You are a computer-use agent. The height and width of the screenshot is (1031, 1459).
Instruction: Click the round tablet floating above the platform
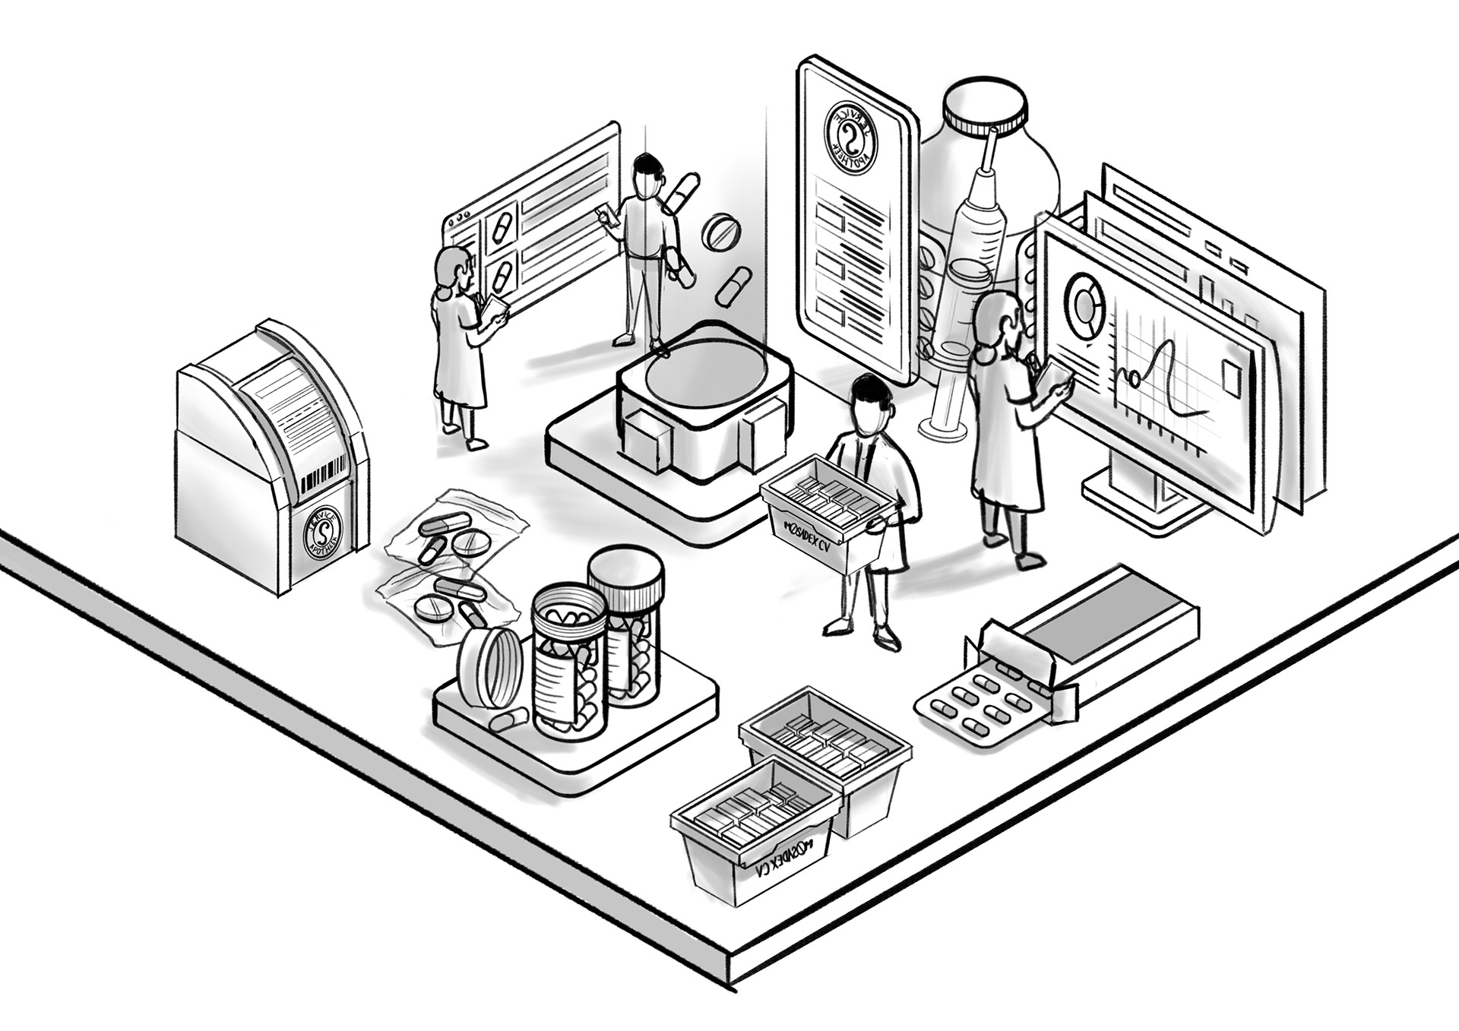point(720,233)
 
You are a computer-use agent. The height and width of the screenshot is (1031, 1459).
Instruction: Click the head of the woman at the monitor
point(997,319)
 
